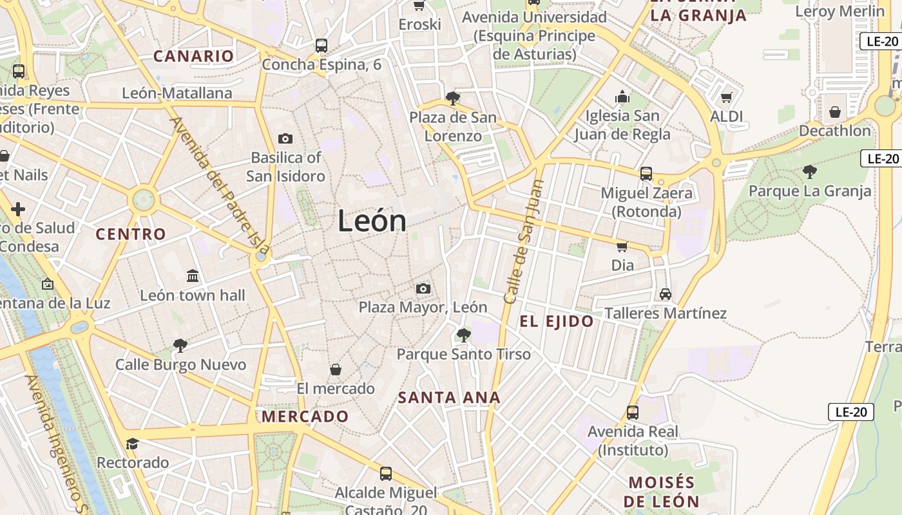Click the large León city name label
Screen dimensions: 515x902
tap(372, 221)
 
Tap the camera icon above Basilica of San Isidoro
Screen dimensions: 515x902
tap(285, 138)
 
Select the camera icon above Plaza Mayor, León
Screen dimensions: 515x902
tap(423, 288)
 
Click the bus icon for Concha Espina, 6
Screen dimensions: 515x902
tap(321, 46)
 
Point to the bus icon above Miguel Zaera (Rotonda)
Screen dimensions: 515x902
tap(646, 174)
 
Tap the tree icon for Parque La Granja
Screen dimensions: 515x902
tap(810, 172)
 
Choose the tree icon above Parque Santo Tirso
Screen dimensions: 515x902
tap(463, 335)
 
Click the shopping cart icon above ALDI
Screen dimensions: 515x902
tap(727, 98)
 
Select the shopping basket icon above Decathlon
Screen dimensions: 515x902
tap(835, 112)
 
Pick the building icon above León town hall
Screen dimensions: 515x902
tap(193, 276)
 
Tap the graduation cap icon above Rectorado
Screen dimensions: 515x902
tap(133, 444)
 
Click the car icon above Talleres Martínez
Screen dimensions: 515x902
tap(666, 294)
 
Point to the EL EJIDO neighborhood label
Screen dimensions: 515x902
tap(557, 321)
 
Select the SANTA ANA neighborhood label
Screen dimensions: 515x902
tap(449, 397)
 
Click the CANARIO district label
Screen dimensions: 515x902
tap(193, 56)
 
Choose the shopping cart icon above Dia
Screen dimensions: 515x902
tap(622, 247)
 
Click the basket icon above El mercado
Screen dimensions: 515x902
tap(336, 370)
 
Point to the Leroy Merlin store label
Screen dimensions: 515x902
tap(840, 11)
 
